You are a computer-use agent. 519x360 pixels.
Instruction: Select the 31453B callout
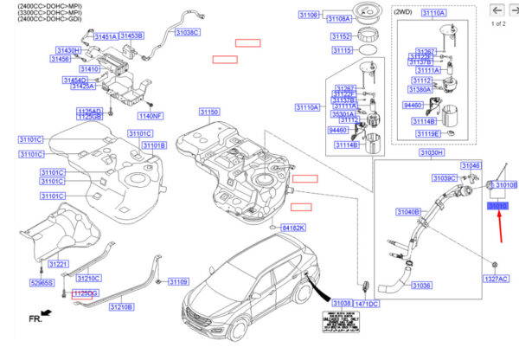(131, 35)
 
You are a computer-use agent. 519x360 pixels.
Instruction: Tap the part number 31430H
(68, 51)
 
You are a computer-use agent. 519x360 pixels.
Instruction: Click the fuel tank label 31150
(209, 112)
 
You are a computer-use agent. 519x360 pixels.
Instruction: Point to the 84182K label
(293, 228)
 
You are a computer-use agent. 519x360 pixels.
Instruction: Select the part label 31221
(58, 263)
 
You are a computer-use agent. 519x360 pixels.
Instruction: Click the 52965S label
(42, 283)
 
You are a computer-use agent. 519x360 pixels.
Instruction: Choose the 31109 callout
(177, 282)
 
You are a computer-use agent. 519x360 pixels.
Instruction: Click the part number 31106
(308, 16)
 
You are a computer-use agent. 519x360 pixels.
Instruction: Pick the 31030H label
(432, 152)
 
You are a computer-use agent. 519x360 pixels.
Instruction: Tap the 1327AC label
(496, 280)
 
